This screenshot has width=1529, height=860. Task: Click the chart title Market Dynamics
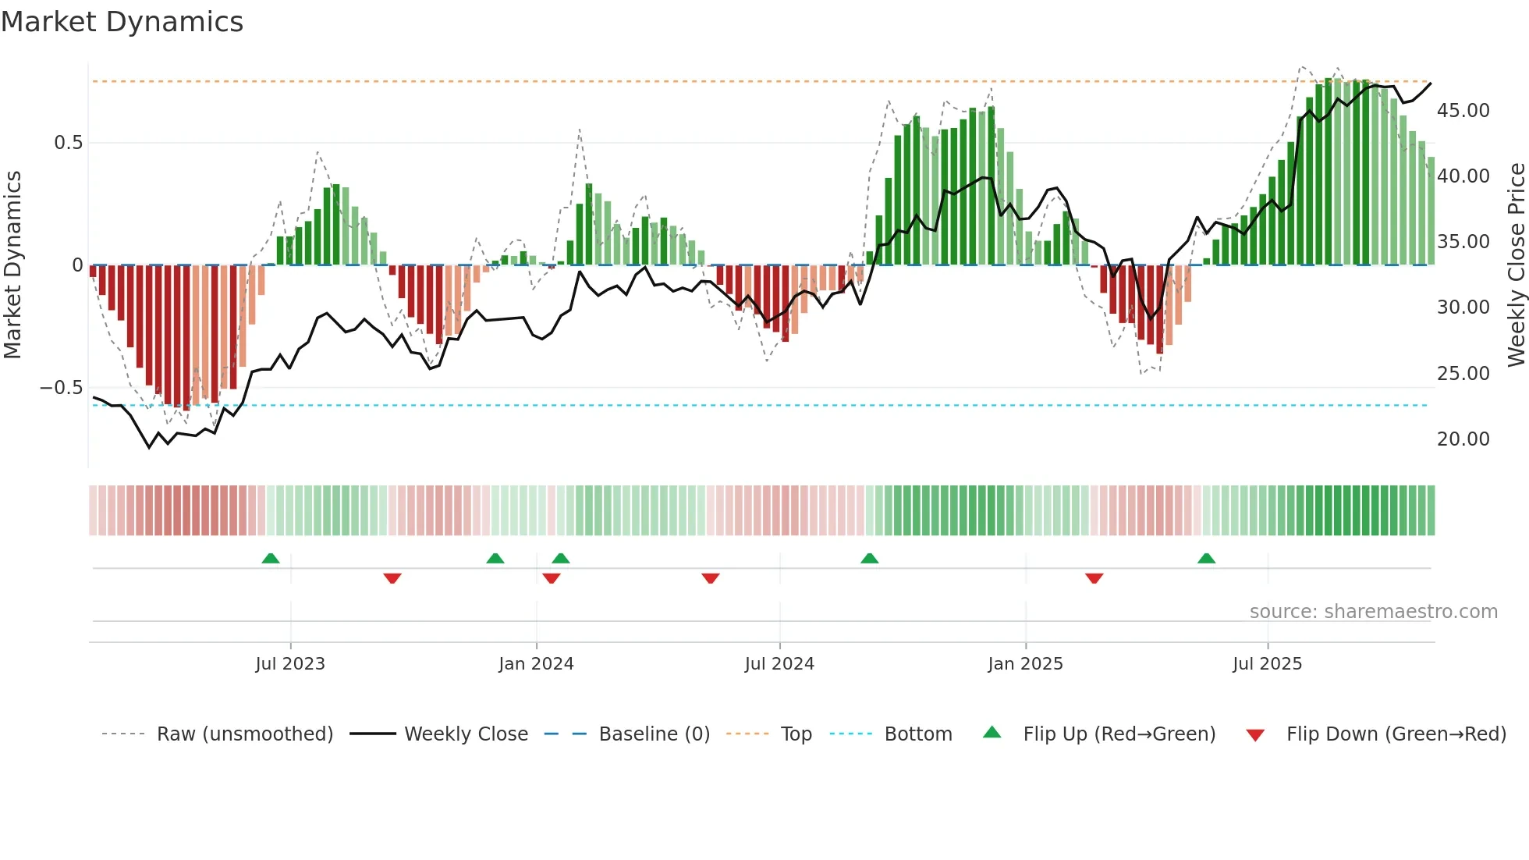point(122,22)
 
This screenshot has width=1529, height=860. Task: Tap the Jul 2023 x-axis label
point(290,664)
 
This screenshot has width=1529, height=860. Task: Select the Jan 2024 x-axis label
point(536,664)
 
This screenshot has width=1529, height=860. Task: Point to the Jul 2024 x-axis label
point(779,664)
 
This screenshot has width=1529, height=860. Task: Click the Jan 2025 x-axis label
point(1025,664)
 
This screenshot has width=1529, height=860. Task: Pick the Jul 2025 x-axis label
point(1268,664)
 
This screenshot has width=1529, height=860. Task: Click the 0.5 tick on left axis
point(68,143)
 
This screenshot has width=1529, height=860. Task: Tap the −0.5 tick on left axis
point(61,388)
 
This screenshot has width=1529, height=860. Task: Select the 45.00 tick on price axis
point(1463,111)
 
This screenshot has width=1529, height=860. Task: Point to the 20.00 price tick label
point(1463,439)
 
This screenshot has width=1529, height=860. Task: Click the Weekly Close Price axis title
point(1516,265)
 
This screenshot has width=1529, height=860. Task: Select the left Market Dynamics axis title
point(13,265)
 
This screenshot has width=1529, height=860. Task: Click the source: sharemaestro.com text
point(1373,612)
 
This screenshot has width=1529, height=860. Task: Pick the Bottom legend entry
point(917,734)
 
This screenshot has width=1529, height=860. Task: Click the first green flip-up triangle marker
point(271,559)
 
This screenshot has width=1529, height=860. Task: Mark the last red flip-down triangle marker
point(1094,578)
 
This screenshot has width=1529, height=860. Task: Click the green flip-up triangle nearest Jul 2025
point(1206,559)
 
